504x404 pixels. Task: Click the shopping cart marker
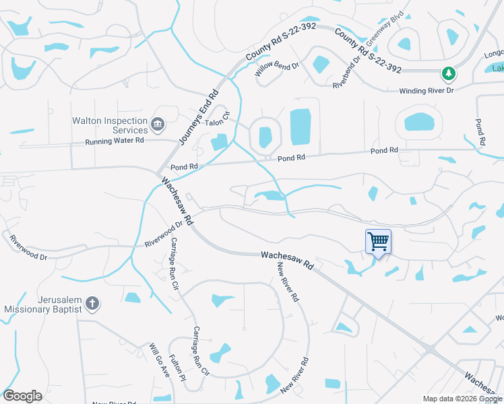coord(378,240)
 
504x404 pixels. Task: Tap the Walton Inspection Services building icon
coord(158,123)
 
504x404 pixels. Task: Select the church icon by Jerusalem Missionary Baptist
coord(92,304)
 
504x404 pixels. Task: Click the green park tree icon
coord(447,73)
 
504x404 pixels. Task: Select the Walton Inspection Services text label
coord(110,125)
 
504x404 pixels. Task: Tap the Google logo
coord(22,396)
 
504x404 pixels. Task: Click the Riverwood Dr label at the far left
coord(28,247)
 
